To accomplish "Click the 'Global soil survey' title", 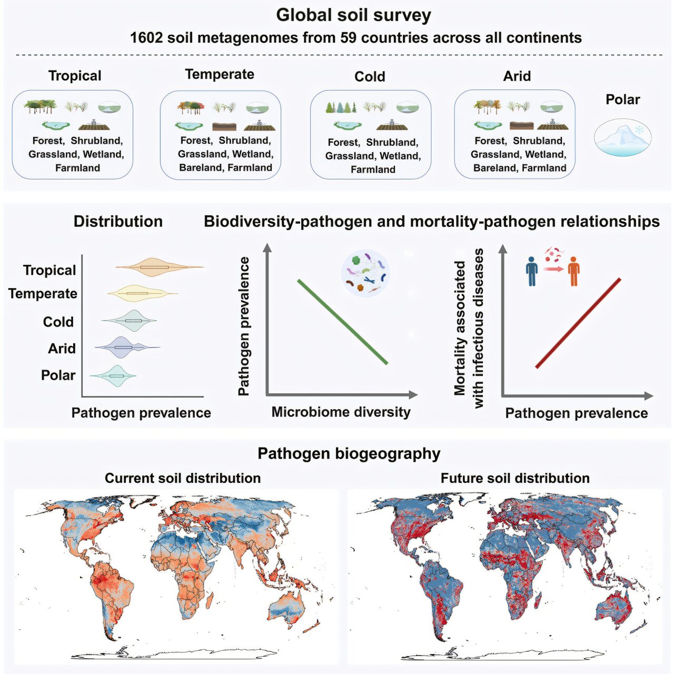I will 353,15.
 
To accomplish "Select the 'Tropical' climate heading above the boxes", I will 75,76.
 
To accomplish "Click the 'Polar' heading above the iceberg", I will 622,100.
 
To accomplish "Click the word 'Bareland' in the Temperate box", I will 199,168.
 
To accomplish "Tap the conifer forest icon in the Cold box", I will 341,107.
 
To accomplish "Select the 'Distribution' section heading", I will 118,222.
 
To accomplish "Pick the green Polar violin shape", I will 116,375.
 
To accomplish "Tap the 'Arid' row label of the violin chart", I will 62,349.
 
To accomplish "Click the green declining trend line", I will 342,322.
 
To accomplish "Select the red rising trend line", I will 578,323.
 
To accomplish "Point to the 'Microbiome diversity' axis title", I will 341,412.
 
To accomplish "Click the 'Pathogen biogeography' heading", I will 349,454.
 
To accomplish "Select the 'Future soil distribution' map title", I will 514,478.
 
